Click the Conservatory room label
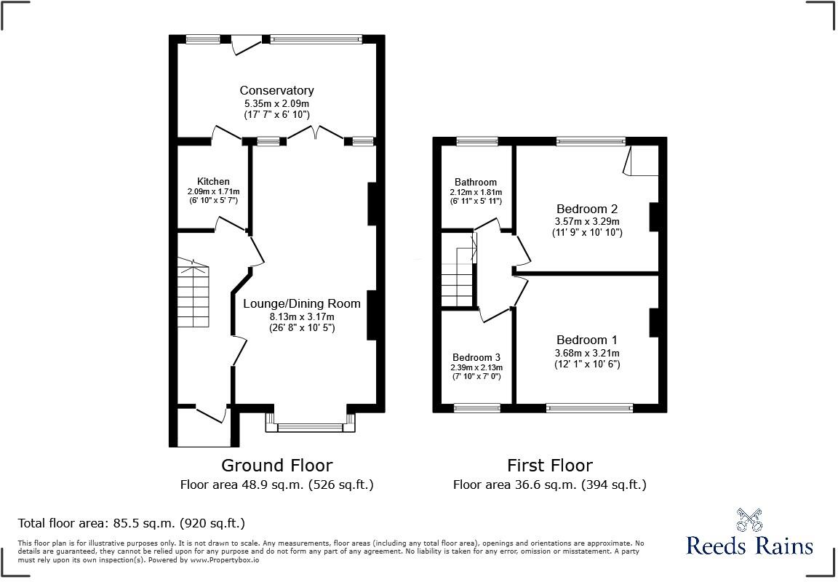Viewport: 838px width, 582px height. (x=276, y=90)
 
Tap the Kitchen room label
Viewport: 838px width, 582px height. (x=213, y=182)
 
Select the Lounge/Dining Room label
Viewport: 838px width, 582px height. (x=302, y=303)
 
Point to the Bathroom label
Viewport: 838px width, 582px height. (x=476, y=183)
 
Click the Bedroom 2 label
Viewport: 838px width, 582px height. (x=587, y=209)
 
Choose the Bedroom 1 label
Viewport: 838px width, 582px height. (x=587, y=340)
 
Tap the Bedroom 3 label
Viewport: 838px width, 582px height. (x=476, y=357)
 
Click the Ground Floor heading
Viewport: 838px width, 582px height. (x=277, y=466)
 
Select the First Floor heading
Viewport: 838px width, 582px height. (x=550, y=466)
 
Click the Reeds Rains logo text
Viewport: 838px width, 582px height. (x=749, y=546)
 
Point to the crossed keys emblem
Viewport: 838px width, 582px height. (x=749, y=519)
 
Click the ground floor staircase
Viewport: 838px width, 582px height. (x=193, y=293)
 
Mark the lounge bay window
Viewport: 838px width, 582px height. (x=310, y=422)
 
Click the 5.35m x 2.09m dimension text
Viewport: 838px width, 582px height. (x=276, y=104)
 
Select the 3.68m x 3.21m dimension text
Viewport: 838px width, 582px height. (x=587, y=354)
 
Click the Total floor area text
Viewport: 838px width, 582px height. (x=132, y=522)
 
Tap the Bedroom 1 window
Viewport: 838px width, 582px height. (x=589, y=408)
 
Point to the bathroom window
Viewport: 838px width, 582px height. (x=477, y=141)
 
